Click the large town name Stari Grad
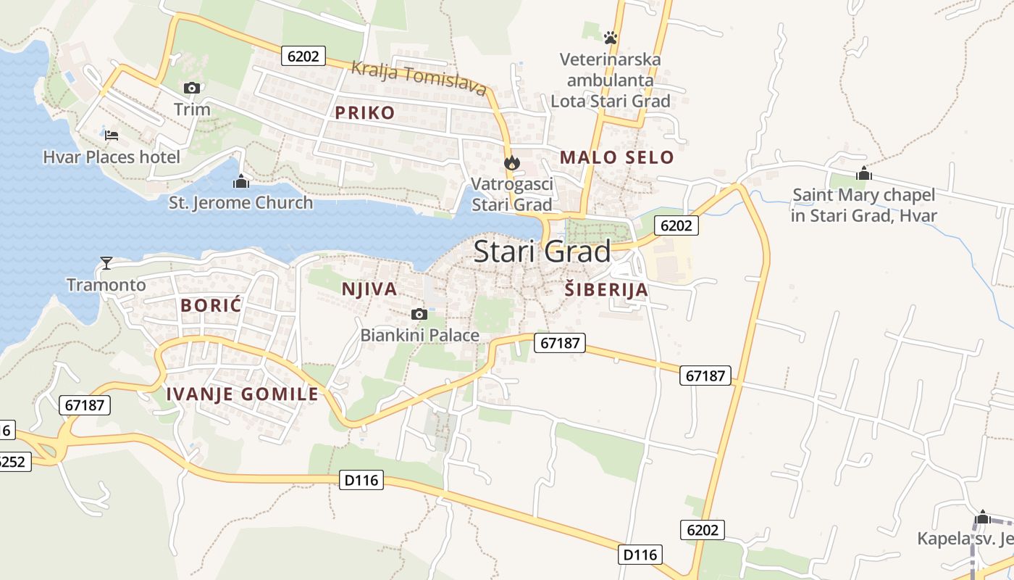click(542, 252)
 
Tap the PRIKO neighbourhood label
click(365, 112)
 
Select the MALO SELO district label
click(616, 157)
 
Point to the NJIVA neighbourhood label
click(369, 289)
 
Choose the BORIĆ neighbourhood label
click(211, 305)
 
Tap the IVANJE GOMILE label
click(243, 394)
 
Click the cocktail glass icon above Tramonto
click(106, 263)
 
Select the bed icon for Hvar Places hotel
click(112, 135)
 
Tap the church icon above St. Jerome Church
click(241, 181)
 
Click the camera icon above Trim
click(192, 88)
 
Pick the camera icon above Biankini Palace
click(419, 314)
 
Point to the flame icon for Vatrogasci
click(512, 163)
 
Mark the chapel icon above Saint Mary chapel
click(863, 174)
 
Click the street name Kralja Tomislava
click(418, 78)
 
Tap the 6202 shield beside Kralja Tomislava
click(303, 56)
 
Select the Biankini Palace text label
click(420, 335)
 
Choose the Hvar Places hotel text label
click(112, 157)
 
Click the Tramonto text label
click(106, 285)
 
